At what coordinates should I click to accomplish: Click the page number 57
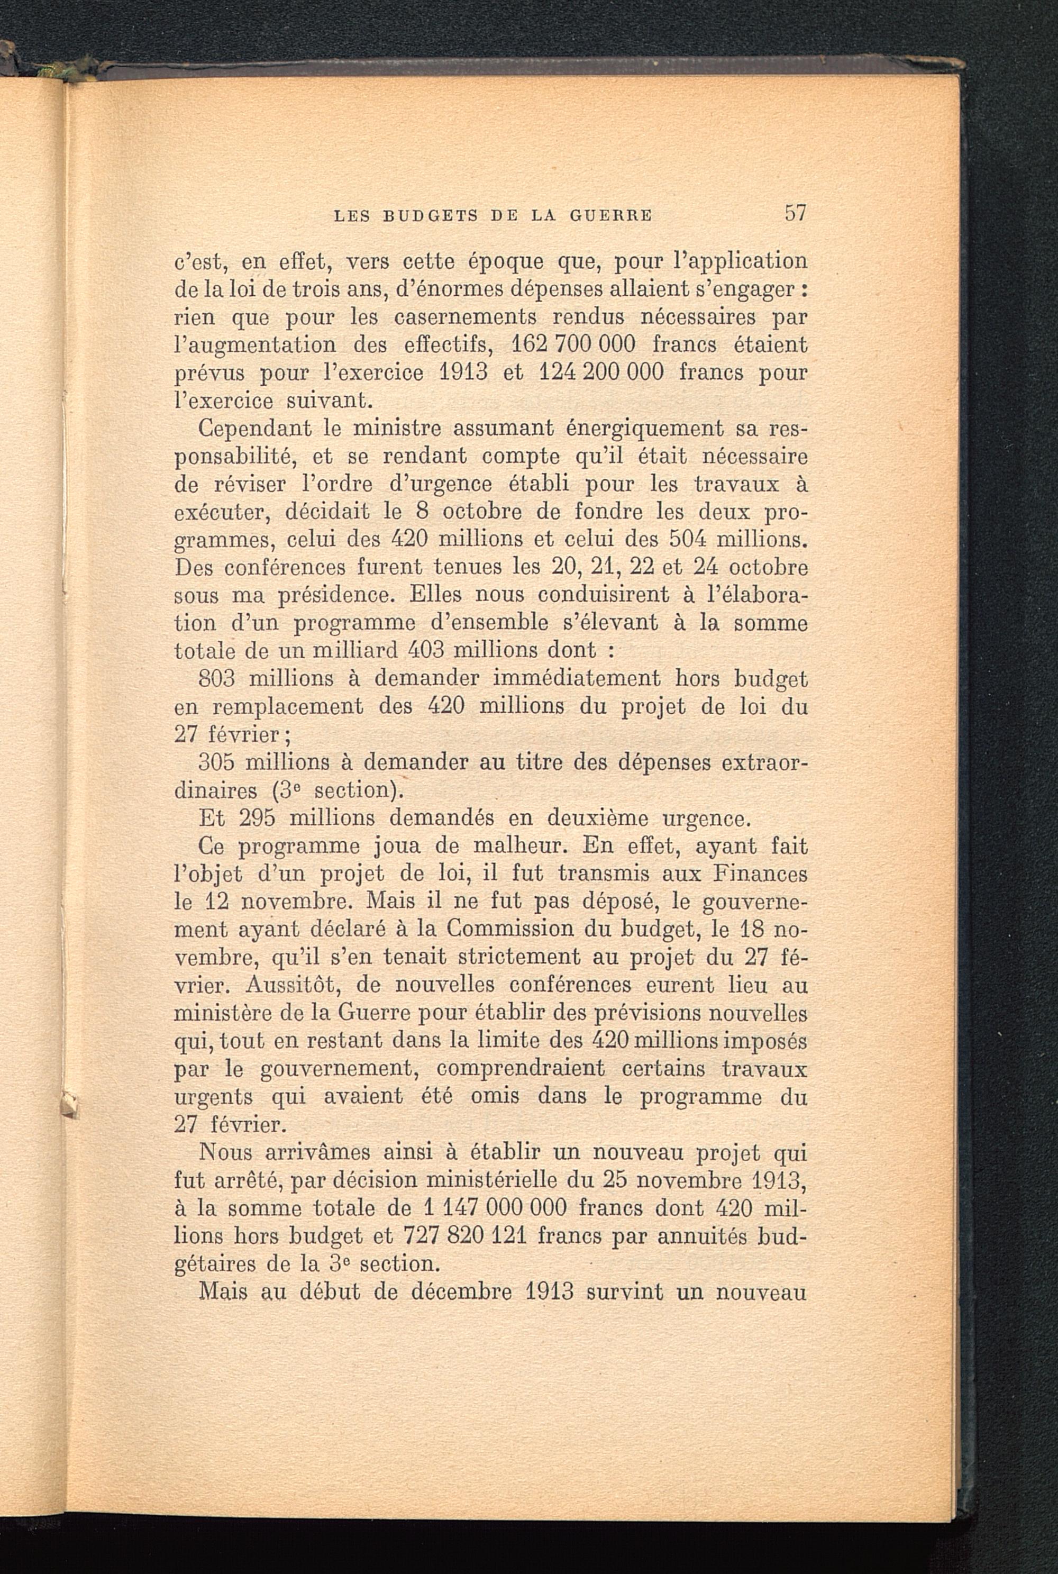796,213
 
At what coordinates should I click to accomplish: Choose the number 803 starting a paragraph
216,679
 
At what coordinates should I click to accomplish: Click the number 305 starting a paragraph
216,762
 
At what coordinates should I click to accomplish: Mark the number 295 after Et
257,818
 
